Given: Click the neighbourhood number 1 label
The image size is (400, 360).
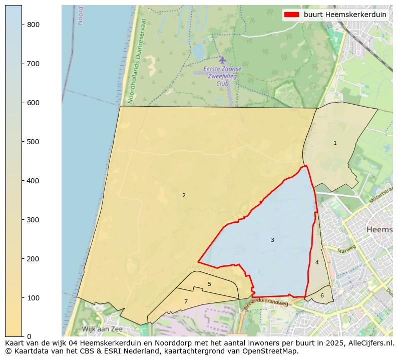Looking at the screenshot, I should pos(335,143).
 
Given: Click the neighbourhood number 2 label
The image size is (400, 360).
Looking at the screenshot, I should pos(184,196).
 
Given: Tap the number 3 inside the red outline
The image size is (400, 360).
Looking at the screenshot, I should pos(272,240).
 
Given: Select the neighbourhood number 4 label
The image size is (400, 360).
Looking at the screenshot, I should pos(317,263).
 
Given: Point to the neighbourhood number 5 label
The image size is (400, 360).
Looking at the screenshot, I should pos(209,284).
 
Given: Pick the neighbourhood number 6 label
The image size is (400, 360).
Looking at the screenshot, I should pos(322,296).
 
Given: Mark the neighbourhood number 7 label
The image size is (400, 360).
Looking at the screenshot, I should pos(186,302).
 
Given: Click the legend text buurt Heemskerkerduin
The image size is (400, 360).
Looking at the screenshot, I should pos(345,15).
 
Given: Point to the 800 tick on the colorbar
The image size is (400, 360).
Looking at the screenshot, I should pos(33,25).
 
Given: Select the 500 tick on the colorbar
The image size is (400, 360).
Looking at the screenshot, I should pos(33,142).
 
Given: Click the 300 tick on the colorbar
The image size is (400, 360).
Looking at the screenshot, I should pos(33,220).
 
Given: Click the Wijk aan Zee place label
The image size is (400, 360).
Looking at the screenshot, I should pos(102,329).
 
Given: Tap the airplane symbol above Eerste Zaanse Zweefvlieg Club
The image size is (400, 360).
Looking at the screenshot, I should pos(222,60).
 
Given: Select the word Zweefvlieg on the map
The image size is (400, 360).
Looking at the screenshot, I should pos(223,76).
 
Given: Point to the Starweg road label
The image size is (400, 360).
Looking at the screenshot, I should pos(346,249).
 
